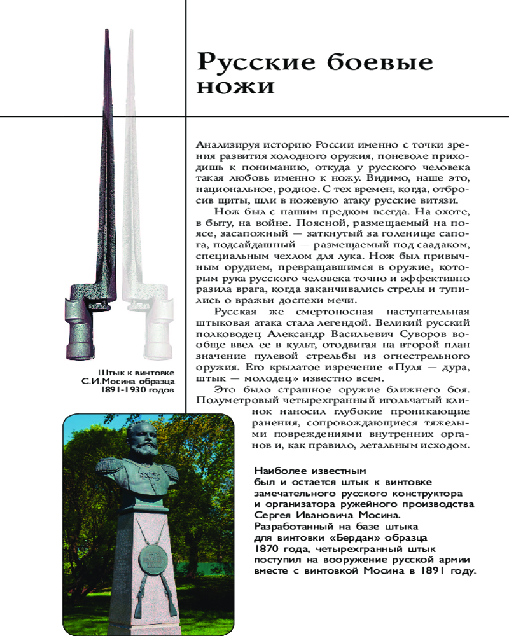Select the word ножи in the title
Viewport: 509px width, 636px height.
(x=235, y=87)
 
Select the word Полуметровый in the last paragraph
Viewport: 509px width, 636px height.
(x=234, y=399)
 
